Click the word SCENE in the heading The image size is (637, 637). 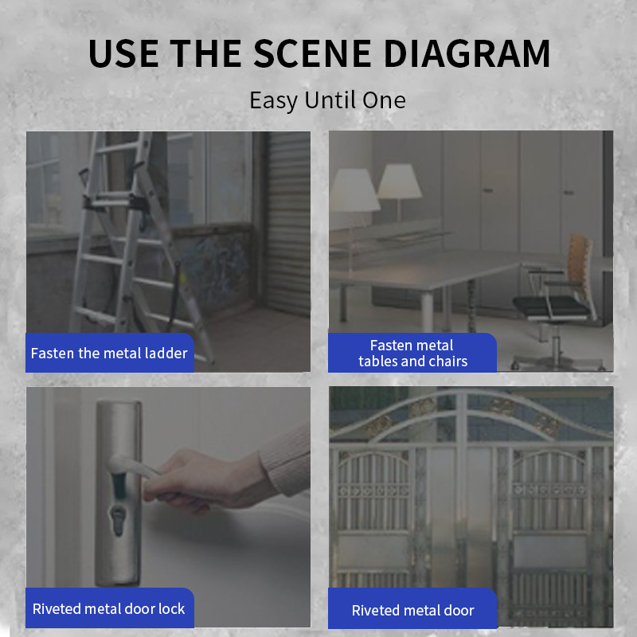312,53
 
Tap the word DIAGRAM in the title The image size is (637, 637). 467,53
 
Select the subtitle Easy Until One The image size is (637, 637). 327,100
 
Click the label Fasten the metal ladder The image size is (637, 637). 109,353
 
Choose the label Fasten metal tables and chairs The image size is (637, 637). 412,353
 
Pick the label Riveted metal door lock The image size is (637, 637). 108,608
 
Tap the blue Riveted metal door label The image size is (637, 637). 412,610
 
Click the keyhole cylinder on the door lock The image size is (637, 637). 118,520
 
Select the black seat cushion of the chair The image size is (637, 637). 550,307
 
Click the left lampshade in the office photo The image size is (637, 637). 354,190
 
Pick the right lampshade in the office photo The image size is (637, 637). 400,181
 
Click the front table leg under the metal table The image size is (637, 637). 427,311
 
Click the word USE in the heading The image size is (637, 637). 123,53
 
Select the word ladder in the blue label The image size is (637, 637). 166,353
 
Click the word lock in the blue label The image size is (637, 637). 171,608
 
